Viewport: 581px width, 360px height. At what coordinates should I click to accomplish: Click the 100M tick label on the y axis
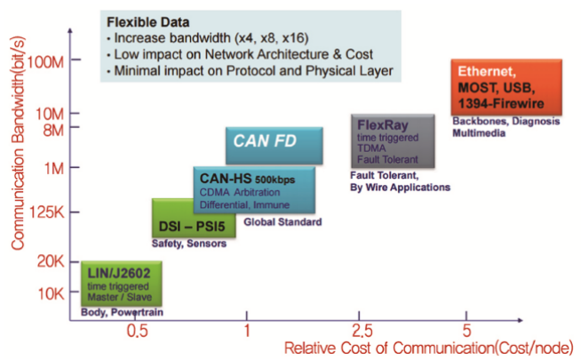tap(45, 62)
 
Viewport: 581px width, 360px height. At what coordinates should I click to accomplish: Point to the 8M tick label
tap(53, 131)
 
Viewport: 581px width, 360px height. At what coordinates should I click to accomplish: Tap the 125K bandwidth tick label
tap(47, 212)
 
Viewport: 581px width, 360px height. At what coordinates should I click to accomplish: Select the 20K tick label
tap(51, 261)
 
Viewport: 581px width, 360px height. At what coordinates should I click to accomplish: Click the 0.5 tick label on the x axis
tap(137, 331)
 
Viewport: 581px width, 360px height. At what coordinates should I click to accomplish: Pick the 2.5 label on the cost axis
tap(362, 331)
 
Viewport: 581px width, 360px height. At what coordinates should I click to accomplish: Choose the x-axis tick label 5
tap(466, 331)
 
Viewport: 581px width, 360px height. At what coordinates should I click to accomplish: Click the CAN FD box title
tap(265, 140)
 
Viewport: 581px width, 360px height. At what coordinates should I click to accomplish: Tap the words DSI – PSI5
tap(192, 226)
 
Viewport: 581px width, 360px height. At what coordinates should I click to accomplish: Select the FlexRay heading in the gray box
tap(382, 125)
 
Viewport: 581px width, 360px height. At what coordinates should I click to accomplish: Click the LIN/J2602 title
tap(119, 273)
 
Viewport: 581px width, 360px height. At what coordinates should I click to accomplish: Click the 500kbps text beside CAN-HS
tap(275, 180)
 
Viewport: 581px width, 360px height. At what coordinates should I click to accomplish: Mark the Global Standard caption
tap(283, 222)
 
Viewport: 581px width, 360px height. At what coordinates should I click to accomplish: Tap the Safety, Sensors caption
tap(189, 244)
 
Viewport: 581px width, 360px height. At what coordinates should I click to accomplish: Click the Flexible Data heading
tap(148, 22)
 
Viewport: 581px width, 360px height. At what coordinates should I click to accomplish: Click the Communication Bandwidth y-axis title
tap(18, 143)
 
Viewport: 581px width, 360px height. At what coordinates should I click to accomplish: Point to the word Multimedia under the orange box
tap(479, 133)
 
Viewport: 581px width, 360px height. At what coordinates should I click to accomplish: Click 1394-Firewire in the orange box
tap(501, 103)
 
